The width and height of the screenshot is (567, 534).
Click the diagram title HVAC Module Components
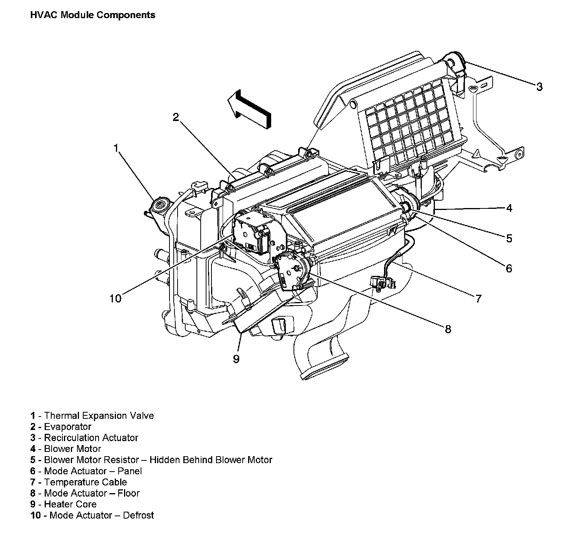pos(92,15)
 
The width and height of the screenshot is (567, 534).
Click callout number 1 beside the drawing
pos(116,148)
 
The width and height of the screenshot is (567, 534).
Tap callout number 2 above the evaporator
pos(176,117)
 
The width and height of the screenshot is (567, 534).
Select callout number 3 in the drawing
pos(539,87)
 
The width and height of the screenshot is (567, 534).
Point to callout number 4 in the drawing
pos(509,208)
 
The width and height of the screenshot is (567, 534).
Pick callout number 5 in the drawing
pos(509,238)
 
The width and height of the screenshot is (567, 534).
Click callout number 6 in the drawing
pos(509,268)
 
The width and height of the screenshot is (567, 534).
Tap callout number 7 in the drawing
pos(478,299)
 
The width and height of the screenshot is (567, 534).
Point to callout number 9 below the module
pos(236,359)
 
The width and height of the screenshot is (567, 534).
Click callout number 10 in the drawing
pos(115,299)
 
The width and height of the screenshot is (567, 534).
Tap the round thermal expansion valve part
pos(160,204)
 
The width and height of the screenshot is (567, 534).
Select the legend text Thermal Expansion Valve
pos(99,416)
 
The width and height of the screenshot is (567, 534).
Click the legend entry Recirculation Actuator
pos(91,438)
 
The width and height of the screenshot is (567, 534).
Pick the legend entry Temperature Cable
pos(86,482)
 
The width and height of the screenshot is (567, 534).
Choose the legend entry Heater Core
pos(70,504)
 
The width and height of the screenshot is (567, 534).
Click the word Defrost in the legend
pos(138,515)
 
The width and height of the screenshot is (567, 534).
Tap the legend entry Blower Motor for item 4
pos(72,449)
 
